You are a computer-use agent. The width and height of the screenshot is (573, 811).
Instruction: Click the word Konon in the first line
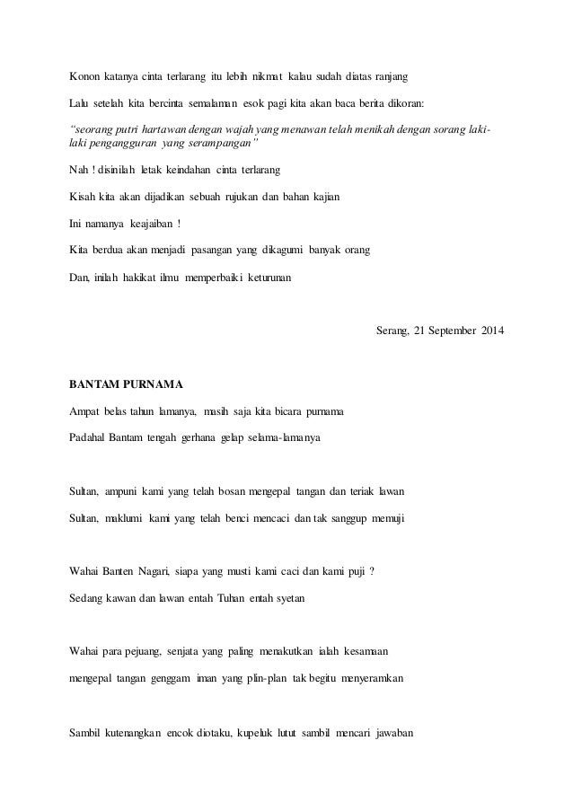(x=86, y=73)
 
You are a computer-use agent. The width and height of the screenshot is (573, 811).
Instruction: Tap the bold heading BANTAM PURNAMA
(x=126, y=385)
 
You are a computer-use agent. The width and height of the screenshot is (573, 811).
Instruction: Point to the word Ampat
(x=86, y=412)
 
